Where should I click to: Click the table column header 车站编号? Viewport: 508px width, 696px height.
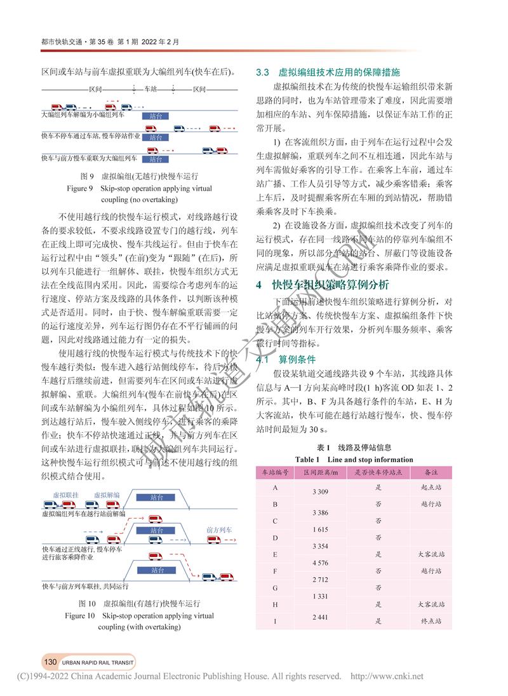(276, 472)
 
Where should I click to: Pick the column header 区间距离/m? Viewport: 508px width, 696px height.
(321, 472)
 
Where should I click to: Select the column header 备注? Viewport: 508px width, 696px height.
(432, 472)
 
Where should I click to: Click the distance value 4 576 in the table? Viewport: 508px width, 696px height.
(321, 563)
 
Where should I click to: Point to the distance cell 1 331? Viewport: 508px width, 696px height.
(321, 596)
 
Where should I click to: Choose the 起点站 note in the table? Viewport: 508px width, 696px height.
(432, 487)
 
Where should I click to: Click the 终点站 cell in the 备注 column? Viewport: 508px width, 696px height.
(432, 621)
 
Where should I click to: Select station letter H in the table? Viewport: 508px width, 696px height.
(275, 604)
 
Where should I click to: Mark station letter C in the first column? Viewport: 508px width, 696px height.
(275, 521)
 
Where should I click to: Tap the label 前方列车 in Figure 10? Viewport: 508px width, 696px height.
(219, 529)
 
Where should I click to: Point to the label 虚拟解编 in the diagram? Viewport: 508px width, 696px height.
(107, 495)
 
